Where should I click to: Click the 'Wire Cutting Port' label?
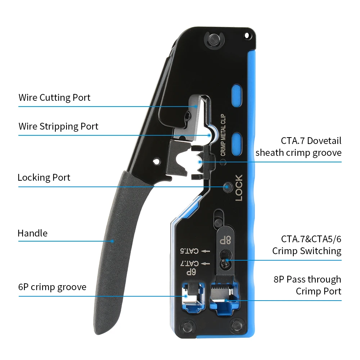click(x=54, y=98)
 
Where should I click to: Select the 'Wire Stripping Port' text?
click(x=58, y=126)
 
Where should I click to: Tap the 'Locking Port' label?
click(x=44, y=177)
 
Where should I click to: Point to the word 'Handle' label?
click(x=32, y=233)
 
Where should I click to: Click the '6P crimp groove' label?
click(x=52, y=287)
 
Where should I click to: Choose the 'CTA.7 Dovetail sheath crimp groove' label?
click(x=298, y=147)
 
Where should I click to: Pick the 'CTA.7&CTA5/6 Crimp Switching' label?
click(x=307, y=245)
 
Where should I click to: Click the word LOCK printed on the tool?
click(x=239, y=188)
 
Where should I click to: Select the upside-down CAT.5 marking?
click(x=190, y=251)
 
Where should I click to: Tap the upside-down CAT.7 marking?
click(x=190, y=264)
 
